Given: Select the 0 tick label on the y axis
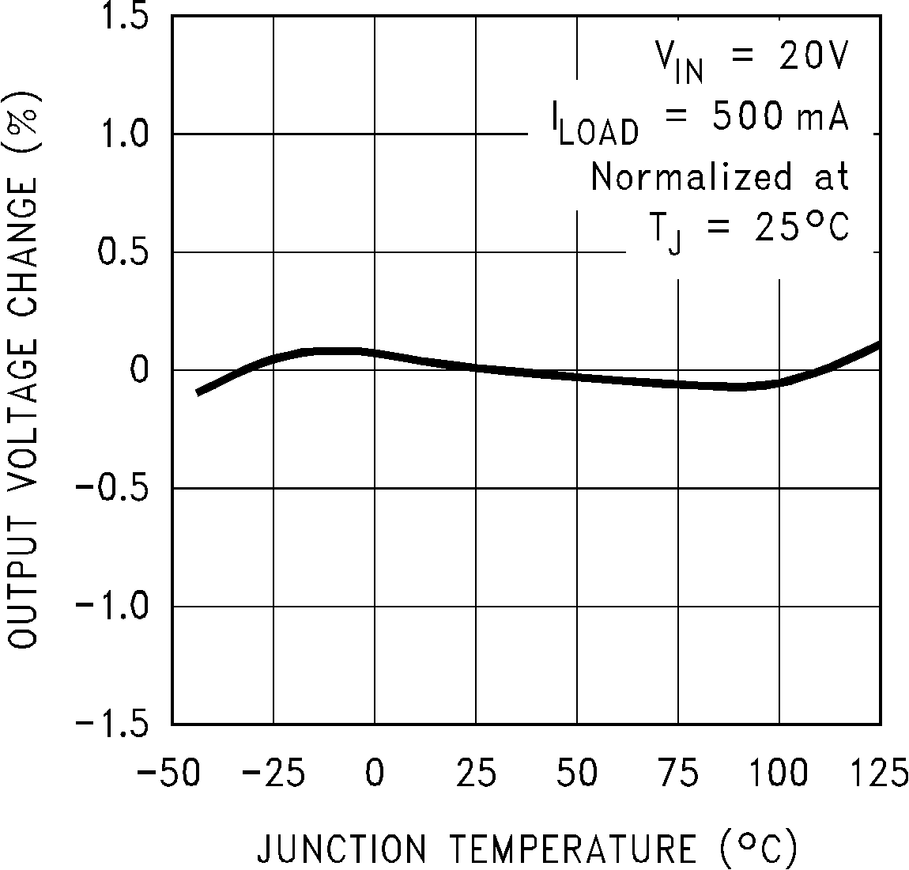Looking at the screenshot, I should tap(140, 370).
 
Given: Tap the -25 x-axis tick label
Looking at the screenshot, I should tap(273, 773).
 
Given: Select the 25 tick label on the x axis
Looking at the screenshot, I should tap(476, 773).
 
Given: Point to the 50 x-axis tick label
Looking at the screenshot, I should tap(577, 773).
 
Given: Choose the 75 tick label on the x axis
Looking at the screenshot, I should tap(678, 773).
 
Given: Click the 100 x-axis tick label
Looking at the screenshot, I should tap(779, 773).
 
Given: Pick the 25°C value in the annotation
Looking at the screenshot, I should tap(792, 229).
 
